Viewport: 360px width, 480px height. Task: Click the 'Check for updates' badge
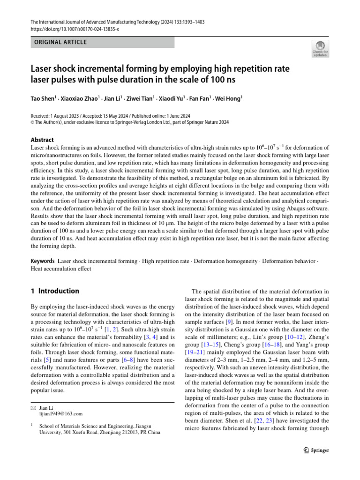tap(320, 49)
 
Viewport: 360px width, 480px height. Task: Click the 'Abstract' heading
tap(42, 140)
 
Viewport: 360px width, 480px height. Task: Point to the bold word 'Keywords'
tap(43, 260)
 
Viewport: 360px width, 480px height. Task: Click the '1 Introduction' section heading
tap(55, 291)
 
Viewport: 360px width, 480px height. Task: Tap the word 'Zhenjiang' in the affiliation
tap(108, 433)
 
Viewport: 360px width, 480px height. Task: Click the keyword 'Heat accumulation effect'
tap(61, 269)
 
